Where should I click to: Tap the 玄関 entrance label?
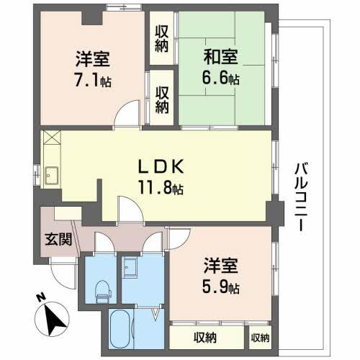tap(58, 240)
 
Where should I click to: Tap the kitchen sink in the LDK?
tap(52, 174)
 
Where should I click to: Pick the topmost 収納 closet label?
tap(162, 38)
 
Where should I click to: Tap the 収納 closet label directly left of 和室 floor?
tap(162, 99)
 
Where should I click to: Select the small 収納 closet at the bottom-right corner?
tap(259, 337)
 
